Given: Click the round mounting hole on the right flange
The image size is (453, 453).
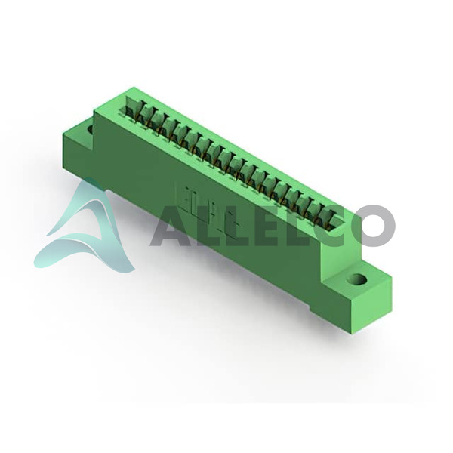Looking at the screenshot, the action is tap(358, 279).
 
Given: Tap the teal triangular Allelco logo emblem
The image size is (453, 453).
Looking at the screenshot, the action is tap(84, 225).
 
